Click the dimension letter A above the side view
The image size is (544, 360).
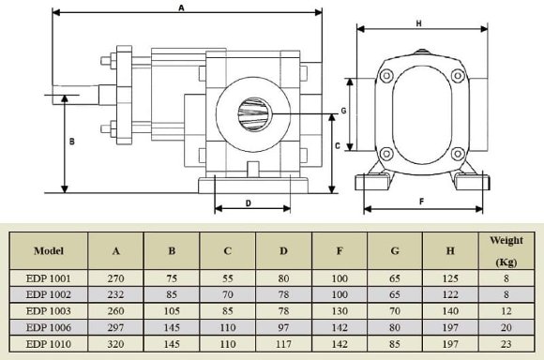180,7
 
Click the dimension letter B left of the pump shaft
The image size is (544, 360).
72,142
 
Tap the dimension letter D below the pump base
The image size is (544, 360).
248,202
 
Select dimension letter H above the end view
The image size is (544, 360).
418,22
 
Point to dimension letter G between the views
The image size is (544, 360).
344,111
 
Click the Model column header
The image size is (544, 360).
48,251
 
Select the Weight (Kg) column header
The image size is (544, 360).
506,251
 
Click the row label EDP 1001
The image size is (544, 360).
48,278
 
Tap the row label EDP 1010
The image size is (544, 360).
48,343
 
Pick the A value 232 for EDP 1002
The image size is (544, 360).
115,294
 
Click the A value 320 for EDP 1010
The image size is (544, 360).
115,343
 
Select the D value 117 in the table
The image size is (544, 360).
283,343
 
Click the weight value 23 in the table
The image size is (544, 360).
506,343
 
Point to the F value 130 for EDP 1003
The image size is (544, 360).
340,310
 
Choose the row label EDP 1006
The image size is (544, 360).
48,327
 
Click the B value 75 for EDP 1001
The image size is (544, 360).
172,278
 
